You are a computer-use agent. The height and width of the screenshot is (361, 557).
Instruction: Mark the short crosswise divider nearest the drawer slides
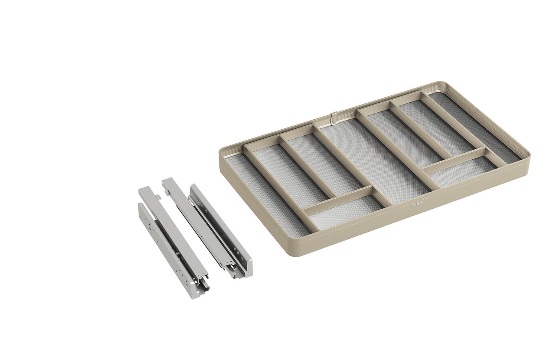tap(338, 201)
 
